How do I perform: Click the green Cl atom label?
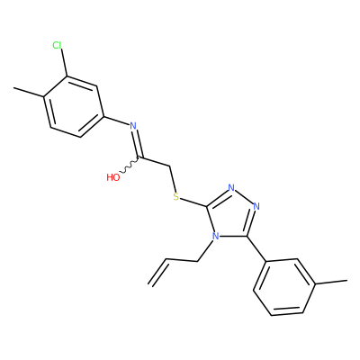(x=57, y=45)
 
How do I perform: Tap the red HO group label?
(x=113, y=177)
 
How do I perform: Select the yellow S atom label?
(x=176, y=197)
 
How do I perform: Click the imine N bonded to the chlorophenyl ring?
(x=133, y=125)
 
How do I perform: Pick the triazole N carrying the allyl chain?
(x=214, y=236)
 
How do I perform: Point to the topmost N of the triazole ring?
(x=231, y=188)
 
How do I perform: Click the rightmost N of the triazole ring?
(x=256, y=206)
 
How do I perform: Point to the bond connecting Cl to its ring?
(x=64, y=63)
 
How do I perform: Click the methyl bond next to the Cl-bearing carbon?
(x=29, y=92)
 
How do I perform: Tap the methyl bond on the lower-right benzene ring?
(x=331, y=283)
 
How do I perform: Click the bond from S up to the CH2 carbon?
(x=173, y=178)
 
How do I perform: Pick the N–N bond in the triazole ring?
(x=244, y=197)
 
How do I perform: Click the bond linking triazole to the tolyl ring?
(x=256, y=248)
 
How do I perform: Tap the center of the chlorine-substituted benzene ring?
(x=74, y=107)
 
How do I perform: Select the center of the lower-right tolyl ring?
(x=284, y=287)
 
